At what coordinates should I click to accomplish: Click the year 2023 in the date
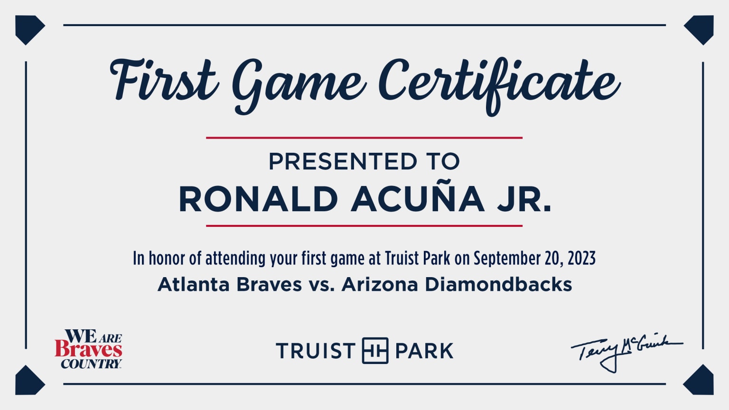coord(581,259)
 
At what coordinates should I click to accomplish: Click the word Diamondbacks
coord(498,285)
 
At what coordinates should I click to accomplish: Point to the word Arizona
coord(380,285)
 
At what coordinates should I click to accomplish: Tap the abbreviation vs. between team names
coord(322,285)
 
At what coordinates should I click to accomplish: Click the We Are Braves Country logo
coord(89,349)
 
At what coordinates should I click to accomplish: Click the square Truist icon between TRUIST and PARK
coord(375,351)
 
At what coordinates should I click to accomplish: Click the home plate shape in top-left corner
coord(29,29)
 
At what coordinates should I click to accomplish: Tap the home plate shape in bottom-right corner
coord(699,381)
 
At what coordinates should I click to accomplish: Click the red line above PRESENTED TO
coord(364,138)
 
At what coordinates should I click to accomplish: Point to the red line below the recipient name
coord(364,226)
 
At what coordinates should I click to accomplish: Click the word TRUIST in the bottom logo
coord(316,351)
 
